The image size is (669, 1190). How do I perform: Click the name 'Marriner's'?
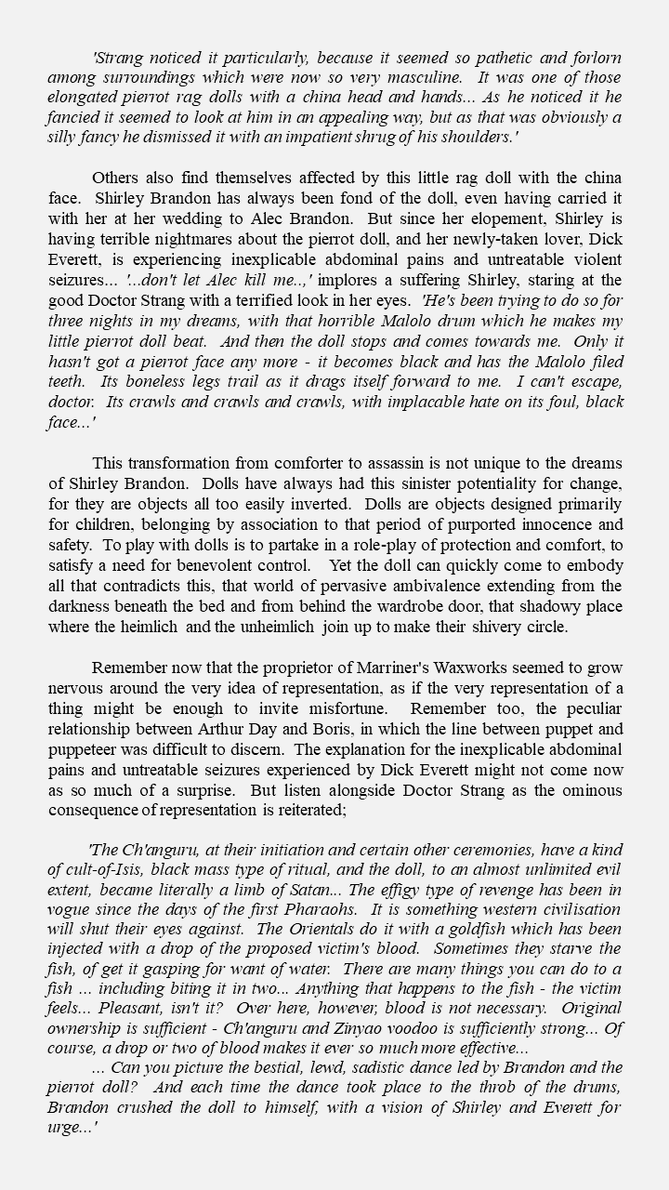click(x=347, y=668)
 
